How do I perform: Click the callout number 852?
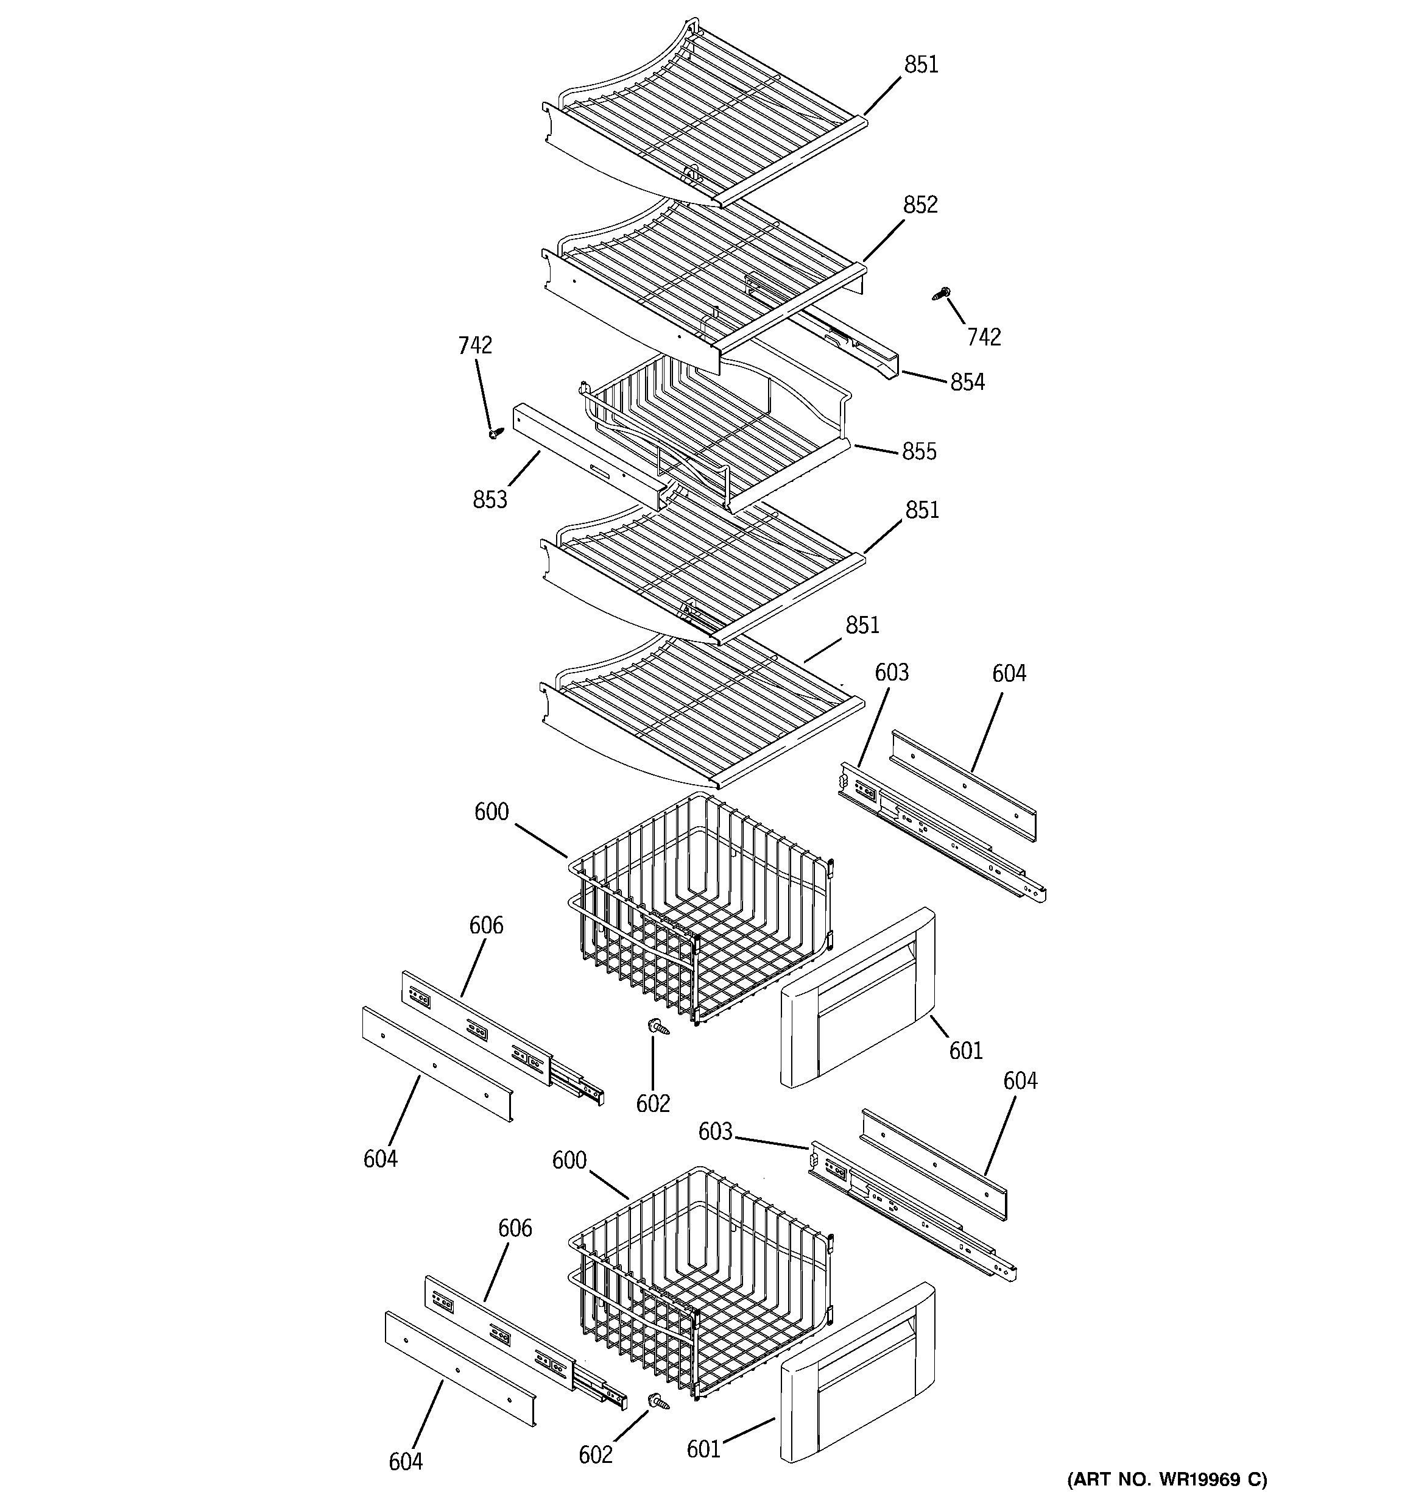920,205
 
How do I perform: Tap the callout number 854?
967,382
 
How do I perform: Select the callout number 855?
919,451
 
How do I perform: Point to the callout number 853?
490,500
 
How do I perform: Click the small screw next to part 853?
495,434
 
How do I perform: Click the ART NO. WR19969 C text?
1166,1479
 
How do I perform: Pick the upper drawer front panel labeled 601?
857,997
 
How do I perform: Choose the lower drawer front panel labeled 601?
857,1373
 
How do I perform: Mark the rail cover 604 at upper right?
964,784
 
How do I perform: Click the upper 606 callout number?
486,925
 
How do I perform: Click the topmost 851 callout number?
921,65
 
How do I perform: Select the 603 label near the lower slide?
715,1131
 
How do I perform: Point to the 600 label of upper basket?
491,812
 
